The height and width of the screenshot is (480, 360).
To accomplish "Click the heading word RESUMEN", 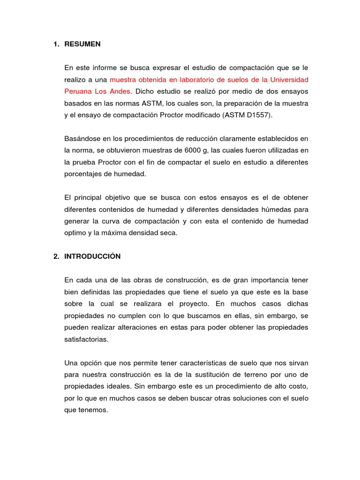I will pyautogui.click(x=82, y=45).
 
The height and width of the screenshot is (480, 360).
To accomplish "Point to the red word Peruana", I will pyautogui.click(x=77, y=91).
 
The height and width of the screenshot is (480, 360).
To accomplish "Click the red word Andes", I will pyautogui.click(x=120, y=91).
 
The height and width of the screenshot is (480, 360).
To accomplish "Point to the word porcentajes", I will pyautogui.click(x=83, y=173).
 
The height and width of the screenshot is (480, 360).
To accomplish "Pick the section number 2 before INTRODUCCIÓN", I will pyautogui.click(x=55, y=256).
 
